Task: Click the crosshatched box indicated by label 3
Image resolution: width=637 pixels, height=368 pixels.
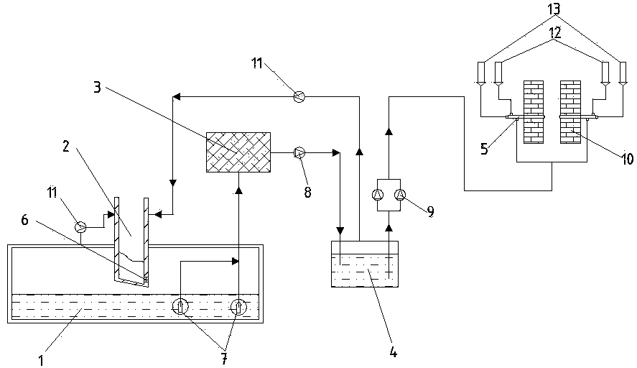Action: coord(238,152)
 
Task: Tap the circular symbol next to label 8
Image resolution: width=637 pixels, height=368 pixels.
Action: coord(300,152)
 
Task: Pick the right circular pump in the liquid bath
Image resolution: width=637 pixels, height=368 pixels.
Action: coord(238,307)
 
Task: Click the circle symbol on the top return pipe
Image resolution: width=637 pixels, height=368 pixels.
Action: coord(300,96)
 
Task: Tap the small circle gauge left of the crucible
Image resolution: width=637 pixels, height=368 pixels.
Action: coord(81,227)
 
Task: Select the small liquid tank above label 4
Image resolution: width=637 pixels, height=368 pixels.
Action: coord(365,264)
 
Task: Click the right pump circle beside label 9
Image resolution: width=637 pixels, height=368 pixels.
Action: coord(401,193)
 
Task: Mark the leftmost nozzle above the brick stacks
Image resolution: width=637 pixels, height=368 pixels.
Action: coord(481,73)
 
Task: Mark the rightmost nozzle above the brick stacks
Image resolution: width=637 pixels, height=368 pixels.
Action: coord(621,73)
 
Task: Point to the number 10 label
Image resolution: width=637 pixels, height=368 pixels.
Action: coord(627,159)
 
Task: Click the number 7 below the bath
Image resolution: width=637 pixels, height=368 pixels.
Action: coord(225,358)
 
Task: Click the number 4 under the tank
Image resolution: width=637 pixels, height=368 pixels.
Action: coord(394,352)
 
